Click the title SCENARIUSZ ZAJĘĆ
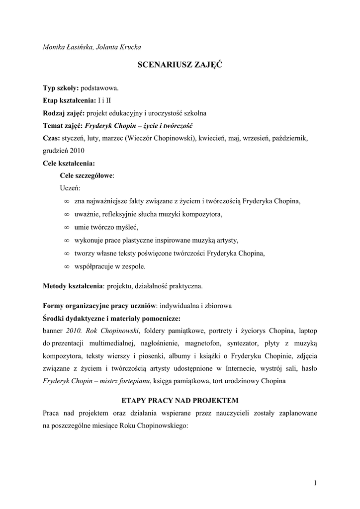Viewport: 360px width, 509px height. click(180, 66)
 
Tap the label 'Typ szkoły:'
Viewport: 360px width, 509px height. click(61, 88)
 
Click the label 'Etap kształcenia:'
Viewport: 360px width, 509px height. click(69, 100)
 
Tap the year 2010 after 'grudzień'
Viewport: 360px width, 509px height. click(77, 150)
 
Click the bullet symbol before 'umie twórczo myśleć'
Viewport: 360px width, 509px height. click(67, 228)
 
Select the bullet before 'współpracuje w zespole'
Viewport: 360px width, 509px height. click(67, 266)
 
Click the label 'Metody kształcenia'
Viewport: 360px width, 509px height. click(73, 286)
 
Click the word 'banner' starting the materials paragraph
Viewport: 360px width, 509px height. click(53, 331)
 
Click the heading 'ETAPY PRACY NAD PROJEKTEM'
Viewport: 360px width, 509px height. click(180, 400)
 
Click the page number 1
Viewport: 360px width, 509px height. click(315, 483)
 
